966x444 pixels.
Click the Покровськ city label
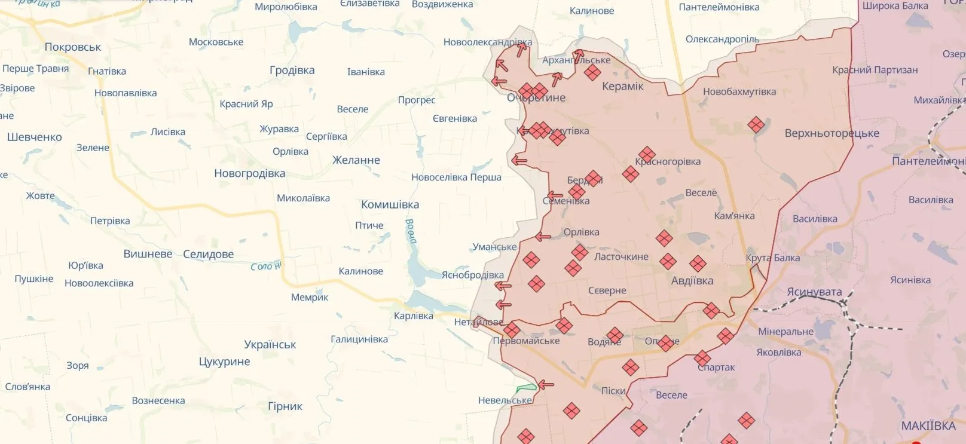click(73, 47)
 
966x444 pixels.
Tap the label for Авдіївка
click(692, 281)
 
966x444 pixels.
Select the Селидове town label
click(208, 255)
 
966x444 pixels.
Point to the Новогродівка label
click(249, 174)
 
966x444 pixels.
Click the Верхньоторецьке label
click(832, 133)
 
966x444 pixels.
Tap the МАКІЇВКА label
click(928, 426)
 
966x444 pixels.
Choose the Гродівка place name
click(292, 71)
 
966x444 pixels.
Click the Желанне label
click(356, 160)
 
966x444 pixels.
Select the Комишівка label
click(390, 205)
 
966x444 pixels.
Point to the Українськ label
click(270, 345)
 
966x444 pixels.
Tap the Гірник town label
click(285, 406)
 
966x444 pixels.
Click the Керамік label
click(622, 87)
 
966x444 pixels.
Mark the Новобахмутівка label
click(739, 92)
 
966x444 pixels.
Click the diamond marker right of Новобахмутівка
click(756, 124)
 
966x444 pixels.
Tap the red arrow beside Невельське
click(545, 385)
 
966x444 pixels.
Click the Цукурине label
click(224, 362)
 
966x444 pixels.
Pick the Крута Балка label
click(772, 258)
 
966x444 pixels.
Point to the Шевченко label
click(34, 137)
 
